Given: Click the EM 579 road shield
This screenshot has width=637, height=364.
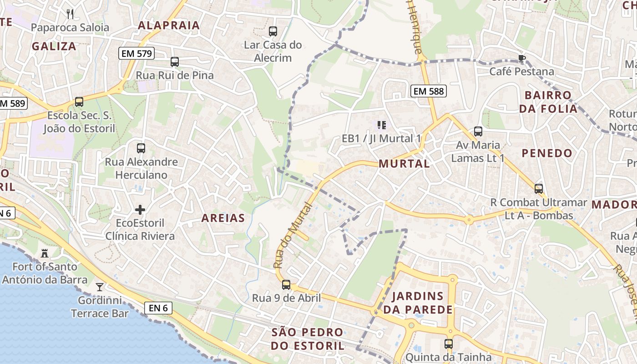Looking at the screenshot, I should coord(136,54).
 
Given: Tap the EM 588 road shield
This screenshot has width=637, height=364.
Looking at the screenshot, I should coord(428,91).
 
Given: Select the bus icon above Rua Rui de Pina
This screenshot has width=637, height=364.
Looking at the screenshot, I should coord(175,62).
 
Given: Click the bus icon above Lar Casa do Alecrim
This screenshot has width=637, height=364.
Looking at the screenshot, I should coord(273,31).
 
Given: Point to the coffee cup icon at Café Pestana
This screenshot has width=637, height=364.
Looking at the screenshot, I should coord(521,58).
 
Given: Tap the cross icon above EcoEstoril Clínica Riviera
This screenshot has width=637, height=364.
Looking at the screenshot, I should coord(140,210).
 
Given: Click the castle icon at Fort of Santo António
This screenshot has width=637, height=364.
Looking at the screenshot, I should coord(45,253).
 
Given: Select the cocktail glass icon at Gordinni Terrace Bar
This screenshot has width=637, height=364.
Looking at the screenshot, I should coord(100,287).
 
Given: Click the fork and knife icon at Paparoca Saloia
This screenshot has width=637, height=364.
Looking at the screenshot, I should coord(70,14).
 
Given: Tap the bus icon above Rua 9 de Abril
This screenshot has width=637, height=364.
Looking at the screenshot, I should coord(286,285).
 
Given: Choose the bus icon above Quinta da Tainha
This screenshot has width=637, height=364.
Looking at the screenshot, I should coord(449,344).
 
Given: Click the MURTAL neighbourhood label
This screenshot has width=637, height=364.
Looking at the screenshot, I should coord(404,164).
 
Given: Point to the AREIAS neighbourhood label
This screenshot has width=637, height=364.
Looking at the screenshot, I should coord(223,218).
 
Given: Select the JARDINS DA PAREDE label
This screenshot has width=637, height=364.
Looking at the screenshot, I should coord(418,303).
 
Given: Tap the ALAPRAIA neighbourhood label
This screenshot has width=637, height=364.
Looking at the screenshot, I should coord(169,25).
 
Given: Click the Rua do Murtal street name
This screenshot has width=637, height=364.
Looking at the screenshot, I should coord(293,236).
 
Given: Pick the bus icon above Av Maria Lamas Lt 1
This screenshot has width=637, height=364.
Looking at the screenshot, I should coord(478,131).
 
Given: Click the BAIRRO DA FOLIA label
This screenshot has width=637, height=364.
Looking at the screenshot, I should coord(548,102).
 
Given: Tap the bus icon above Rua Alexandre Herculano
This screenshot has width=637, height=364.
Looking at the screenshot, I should coord(141,148).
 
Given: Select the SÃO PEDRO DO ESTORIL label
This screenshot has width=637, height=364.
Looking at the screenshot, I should coord(308,339).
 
